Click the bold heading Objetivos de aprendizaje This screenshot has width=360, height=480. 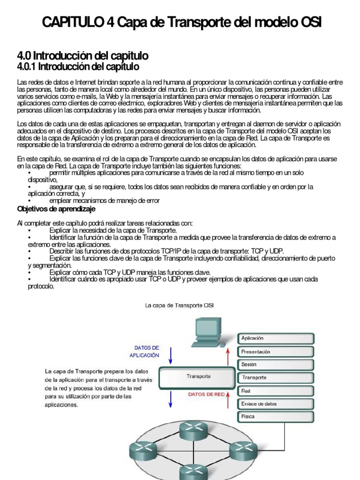coord(56,209)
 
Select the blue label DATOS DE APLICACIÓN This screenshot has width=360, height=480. coord(147,352)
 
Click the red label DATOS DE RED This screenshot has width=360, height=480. coord(206,395)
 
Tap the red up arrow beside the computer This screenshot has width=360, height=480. coord(228,356)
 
